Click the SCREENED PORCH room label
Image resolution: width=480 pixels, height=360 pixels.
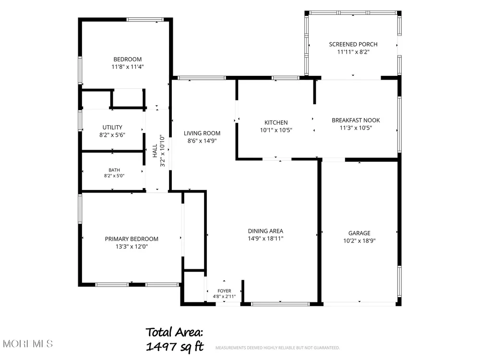pyautogui.click(x=353, y=44)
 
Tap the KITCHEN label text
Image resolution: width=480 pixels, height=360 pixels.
pyautogui.click(x=276, y=122)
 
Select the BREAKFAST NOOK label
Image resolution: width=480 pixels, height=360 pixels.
pyautogui.click(x=356, y=120)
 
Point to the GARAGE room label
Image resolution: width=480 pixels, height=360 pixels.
pyautogui.click(x=359, y=233)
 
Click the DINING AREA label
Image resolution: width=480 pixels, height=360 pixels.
pyautogui.click(x=265, y=231)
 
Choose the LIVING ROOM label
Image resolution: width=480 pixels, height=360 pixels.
pyautogui.click(x=202, y=133)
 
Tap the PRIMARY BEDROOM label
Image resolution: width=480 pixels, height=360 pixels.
pyautogui.click(x=132, y=239)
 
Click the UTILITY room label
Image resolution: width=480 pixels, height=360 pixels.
pyautogui.click(x=112, y=127)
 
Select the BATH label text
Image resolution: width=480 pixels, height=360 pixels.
pyautogui.click(x=114, y=170)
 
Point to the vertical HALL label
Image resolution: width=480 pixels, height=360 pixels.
pyautogui.click(x=155, y=151)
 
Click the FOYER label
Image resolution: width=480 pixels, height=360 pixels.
pyautogui.click(x=224, y=291)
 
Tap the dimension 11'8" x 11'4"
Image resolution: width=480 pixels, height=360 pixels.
pyautogui.click(x=127, y=67)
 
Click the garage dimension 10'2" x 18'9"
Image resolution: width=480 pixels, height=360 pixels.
pyautogui.click(x=359, y=240)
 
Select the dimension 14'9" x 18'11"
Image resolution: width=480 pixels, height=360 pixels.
pyautogui.click(x=265, y=239)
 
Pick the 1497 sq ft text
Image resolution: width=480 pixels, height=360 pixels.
pyautogui.click(x=175, y=347)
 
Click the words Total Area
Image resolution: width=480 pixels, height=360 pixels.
pyautogui.click(x=174, y=332)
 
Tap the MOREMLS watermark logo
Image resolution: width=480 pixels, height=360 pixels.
pyautogui.click(x=28, y=344)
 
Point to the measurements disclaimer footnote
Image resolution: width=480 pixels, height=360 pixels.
pyautogui.click(x=277, y=348)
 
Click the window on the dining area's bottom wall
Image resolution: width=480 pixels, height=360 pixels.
pyautogui.click(x=280, y=304)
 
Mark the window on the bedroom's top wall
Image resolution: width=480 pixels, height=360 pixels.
pyautogui.click(x=145, y=20)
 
